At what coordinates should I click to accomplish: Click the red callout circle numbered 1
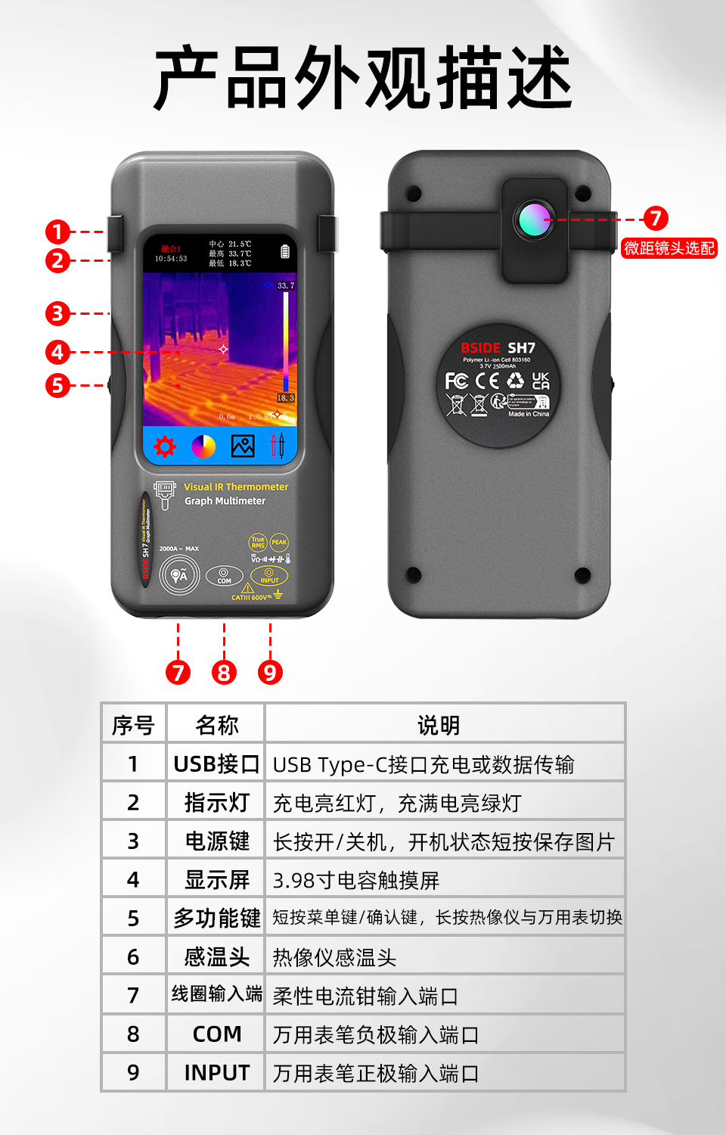pyautogui.click(x=57, y=232)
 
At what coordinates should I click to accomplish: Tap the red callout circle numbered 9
pyautogui.click(x=270, y=672)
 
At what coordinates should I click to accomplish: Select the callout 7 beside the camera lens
pyautogui.click(x=656, y=219)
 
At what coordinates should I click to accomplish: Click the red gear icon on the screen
pyautogui.click(x=165, y=446)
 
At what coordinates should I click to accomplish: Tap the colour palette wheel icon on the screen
pyautogui.click(x=203, y=447)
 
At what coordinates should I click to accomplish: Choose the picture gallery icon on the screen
pyautogui.click(x=243, y=446)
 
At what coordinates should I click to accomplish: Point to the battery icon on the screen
pyautogui.click(x=285, y=251)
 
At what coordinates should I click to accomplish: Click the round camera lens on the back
pyautogui.click(x=534, y=219)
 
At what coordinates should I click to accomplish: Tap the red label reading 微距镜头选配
pyautogui.click(x=669, y=248)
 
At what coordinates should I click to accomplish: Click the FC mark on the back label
pyautogui.click(x=456, y=381)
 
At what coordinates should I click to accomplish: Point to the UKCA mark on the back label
pyautogui.click(x=541, y=381)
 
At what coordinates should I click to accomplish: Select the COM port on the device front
pyautogui.click(x=224, y=575)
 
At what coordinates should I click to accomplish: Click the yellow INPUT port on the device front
pyautogui.click(x=269, y=575)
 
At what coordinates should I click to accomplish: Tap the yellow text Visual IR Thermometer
pyautogui.click(x=236, y=487)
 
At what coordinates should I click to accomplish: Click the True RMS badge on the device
pyautogui.click(x=258, y=542)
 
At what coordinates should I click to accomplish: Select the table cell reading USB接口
pyautogui.click(x=216, y=764)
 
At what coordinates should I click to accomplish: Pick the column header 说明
pyautogui.click(x=439, y=725)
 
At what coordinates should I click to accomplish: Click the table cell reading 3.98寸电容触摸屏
pyautogui.click(x=356, y=880)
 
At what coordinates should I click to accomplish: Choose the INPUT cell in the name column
pyautogui.click(x=216, y=1073)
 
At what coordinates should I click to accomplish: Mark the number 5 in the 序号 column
pyautogui.click(x=133, y=919)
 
